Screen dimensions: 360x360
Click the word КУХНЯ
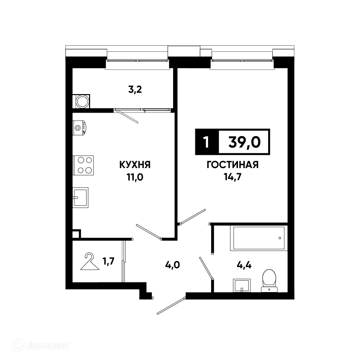[x=135, y=165]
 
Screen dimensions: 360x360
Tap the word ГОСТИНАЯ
[x=232, y=165]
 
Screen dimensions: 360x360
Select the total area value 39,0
[x=244, y=143]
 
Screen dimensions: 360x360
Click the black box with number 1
[x=206, y=143]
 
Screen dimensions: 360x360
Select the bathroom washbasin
[x=241, y=285]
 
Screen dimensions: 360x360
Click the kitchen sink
[x=80, y=198]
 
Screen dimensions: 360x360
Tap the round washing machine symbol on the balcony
[x=82, y=101]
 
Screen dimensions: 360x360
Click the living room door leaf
[x=193, y=216]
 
